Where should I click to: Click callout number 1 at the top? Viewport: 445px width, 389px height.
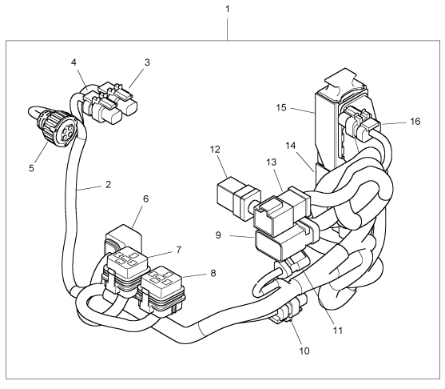[x=227, y=10]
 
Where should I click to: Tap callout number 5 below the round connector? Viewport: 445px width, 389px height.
[x=31, y=168]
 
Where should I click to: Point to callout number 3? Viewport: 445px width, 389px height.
[x=147, y=62]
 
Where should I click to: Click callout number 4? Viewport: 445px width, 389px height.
[x=74, y=62]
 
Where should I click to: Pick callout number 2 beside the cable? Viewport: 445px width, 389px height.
[x=108, y=185]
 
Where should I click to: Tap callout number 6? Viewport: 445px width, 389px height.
[x=146, y=199]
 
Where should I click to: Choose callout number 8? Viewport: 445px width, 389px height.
[x=213, y=273]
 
